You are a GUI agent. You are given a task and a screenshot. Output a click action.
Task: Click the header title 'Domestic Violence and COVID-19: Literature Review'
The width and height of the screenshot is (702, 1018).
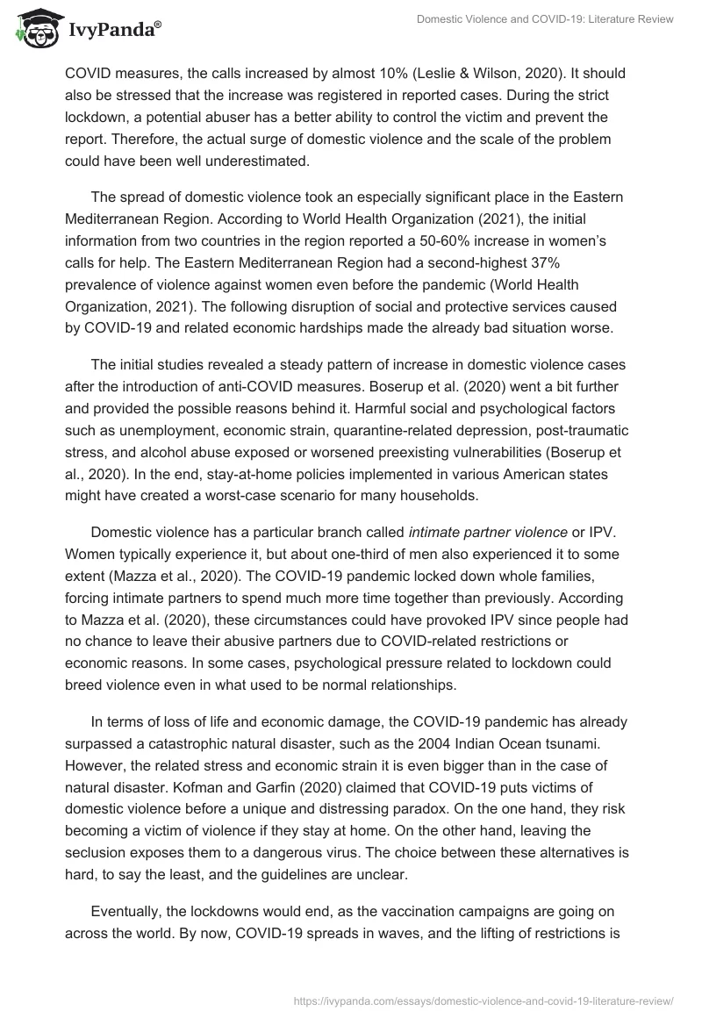pyautogui.click(x=544, y=21)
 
